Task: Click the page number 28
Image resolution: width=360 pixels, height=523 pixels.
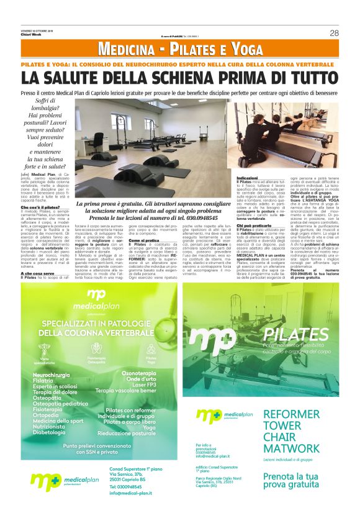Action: point(333,33)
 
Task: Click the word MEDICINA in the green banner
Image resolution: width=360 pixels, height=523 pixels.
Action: point(127,49)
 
